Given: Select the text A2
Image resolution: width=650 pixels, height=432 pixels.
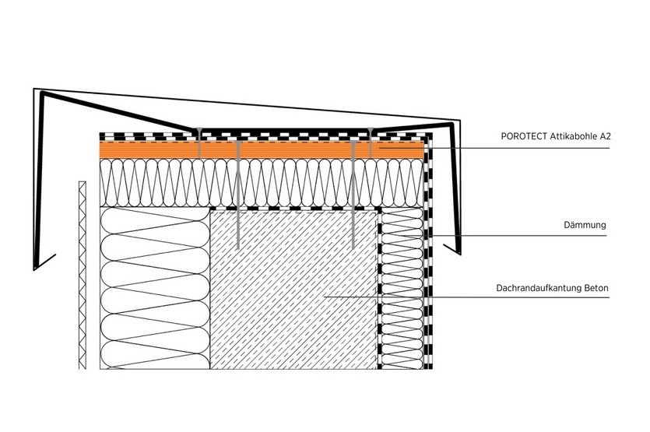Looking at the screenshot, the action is click(606, 136).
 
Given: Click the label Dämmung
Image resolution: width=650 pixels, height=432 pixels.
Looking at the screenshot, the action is click(585, 225).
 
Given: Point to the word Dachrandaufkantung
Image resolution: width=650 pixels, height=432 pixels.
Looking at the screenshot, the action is click(539, 288).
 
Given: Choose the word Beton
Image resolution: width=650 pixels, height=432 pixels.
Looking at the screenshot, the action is click(596, 288).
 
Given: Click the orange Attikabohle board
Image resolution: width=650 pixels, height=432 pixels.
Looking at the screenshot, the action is click(262, 149).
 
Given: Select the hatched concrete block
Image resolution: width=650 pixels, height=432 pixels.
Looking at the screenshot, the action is click(294, 290).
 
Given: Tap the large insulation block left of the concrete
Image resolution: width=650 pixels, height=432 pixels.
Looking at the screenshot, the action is click(155, 288).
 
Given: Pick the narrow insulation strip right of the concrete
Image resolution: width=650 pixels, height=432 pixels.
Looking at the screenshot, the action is click(402, 289).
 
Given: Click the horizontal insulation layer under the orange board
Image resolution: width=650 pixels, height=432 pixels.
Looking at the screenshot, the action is click(262, 183).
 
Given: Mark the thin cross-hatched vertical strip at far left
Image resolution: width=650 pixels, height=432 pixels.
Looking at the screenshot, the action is click(82, 275).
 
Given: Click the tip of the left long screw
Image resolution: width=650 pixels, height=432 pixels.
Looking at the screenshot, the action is click(238, 248).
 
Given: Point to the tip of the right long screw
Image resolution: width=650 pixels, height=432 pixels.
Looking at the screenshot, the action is click(353, 248).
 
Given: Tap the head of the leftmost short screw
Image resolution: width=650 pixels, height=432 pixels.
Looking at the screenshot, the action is click(199, 130).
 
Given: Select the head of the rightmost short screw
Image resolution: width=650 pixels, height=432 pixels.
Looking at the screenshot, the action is click(371, 130).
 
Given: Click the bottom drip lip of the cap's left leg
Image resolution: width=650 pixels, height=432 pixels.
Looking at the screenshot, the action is click(45, 262).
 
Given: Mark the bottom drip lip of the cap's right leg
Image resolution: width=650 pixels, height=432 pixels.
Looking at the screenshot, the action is click(452, 249).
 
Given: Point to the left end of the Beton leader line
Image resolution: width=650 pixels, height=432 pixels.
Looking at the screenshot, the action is click(324, 297).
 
